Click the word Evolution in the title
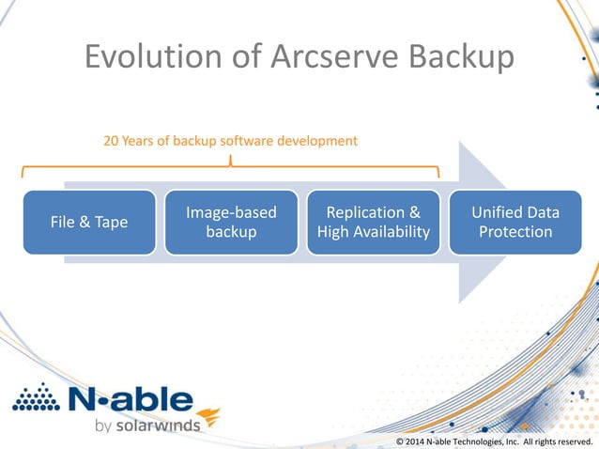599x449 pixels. click(146, 57)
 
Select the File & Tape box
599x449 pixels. click(89, 222)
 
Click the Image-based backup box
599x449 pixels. click(231, 222)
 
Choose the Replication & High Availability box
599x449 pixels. click(374, 222)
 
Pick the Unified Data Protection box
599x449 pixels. click(515, 222)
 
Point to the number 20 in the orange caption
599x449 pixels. click(111, 141)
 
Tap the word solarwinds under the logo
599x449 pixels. click(159, 426)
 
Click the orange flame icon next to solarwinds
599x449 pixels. click(209, 416)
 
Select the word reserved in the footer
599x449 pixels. click(574, 441)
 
